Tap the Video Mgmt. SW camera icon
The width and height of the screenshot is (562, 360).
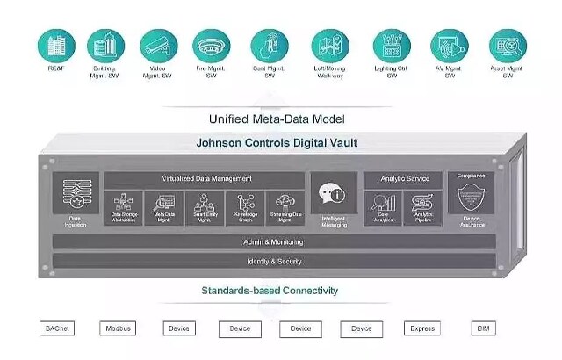[x=159, y=44]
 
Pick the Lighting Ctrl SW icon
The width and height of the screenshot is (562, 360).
[x=392, y=44]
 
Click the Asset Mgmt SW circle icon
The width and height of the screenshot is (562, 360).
[x=508, y=44]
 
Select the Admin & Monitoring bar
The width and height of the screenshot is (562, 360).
[x=273, y=241]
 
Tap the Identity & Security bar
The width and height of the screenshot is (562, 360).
[x=273, y=261]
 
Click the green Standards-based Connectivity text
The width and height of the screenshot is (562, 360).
[x=270, y=290]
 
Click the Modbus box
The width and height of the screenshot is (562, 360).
[x=118, y=328]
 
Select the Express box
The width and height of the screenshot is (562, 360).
[x=422, y=328]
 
